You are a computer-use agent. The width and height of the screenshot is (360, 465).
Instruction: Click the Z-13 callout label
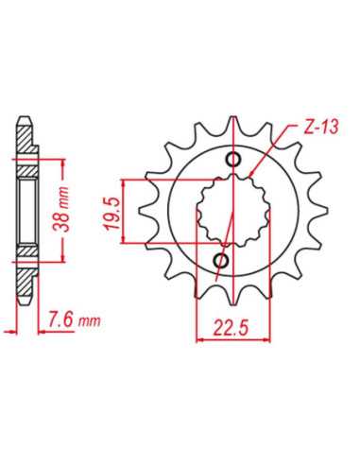pyautogui.click(x=321, y=128)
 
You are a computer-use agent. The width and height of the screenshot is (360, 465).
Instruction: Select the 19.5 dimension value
pyautogui.click(x=112, y=214)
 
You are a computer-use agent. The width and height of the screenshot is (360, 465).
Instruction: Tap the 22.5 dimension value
pyautogui.click(x=231, y=327)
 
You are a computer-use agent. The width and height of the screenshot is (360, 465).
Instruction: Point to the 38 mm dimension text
pyautogui.click(x=63, y=210)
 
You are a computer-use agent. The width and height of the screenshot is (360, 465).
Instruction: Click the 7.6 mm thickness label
pyautogui.click(x=74, y=319)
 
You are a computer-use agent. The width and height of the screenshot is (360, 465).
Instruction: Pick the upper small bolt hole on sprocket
pyautogui.click(x=233, y=159)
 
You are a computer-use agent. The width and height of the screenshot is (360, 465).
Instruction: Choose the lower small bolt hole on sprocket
pyautogui.click(x=221, y=260)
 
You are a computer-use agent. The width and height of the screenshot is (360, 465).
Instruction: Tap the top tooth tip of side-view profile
pyautogui.click(x=25, y=119)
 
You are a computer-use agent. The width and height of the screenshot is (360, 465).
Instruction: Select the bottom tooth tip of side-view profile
pyautogui.click(x=25, y=302)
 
